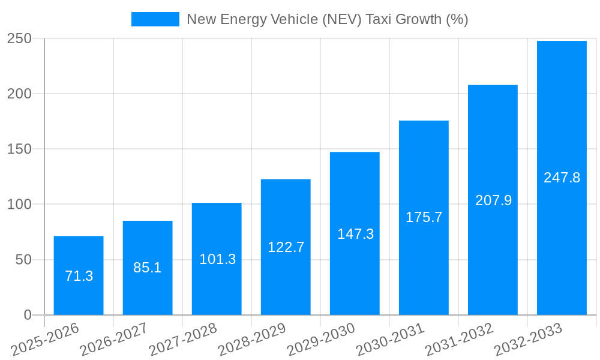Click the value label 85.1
(x=148, y=268)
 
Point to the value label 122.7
(x=286, y=247)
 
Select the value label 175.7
(x=424, y=217)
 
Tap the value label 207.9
(x=493, y=200)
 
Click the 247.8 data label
(x=562, y=178)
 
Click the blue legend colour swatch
(x=155, y=19)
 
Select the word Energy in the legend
(x=244, y=20)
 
